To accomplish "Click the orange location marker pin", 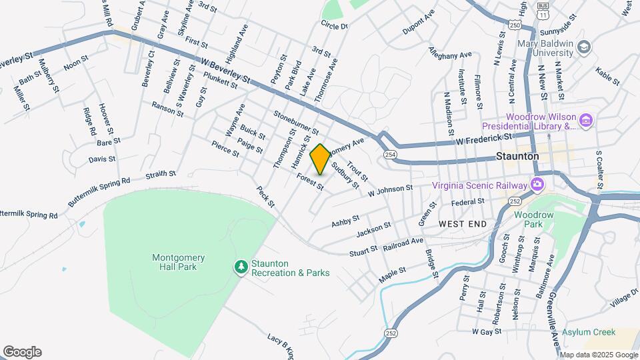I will (x=320, y=159).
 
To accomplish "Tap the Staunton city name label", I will (x=517, y=155).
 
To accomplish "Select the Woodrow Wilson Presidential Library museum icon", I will (x=586, y=120).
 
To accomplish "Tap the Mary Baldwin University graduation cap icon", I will (x=585, y=47).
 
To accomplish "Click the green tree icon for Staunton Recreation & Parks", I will (x=240, y=267).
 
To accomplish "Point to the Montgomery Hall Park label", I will (x=178, y=263).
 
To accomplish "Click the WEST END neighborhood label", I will (x=463, y=225).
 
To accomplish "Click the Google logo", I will (x=22, y=352).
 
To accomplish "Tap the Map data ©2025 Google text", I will (x=598, y=355).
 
